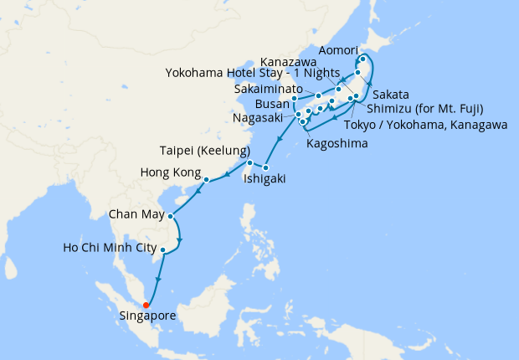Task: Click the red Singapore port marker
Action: [x=146, y=304]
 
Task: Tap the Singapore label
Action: [x=148, y=316]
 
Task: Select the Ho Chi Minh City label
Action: [x=110, y=248]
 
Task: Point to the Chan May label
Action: [x=135, y=215]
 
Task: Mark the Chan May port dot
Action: [x=170, y=216]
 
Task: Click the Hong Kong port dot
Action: [x=206, y=178]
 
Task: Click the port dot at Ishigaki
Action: [x=266, y=168]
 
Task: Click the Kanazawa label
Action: [x=288, y=61]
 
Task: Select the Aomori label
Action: [x=342, y=45]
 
